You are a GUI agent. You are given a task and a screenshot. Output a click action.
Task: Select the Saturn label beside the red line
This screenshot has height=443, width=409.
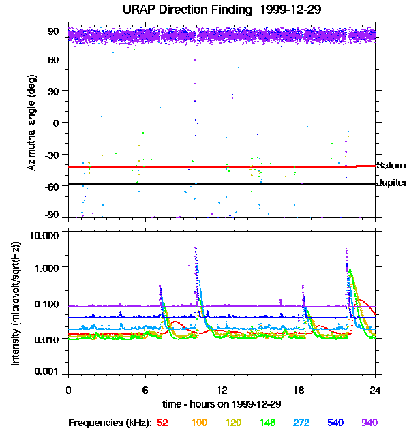tap(391, 166)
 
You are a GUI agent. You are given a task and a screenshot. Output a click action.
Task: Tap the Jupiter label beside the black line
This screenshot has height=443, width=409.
tap(392, 183)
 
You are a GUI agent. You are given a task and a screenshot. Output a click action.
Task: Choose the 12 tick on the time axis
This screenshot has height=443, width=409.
tap(222, 390)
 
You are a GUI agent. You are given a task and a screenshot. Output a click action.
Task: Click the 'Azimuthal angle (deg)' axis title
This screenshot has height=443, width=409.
tap(31, 123)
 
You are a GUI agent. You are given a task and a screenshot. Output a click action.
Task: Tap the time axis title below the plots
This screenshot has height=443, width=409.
tap(222, 404)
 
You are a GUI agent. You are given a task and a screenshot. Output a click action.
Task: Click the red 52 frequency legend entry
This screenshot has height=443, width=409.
tap(162, 423)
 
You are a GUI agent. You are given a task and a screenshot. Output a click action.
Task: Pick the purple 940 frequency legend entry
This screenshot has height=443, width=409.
tap(369, 423)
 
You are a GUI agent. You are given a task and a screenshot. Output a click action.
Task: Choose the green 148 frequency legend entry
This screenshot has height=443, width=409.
tap(267, 423)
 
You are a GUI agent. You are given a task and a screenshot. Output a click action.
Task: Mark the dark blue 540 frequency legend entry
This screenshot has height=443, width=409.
tap(335, 423)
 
